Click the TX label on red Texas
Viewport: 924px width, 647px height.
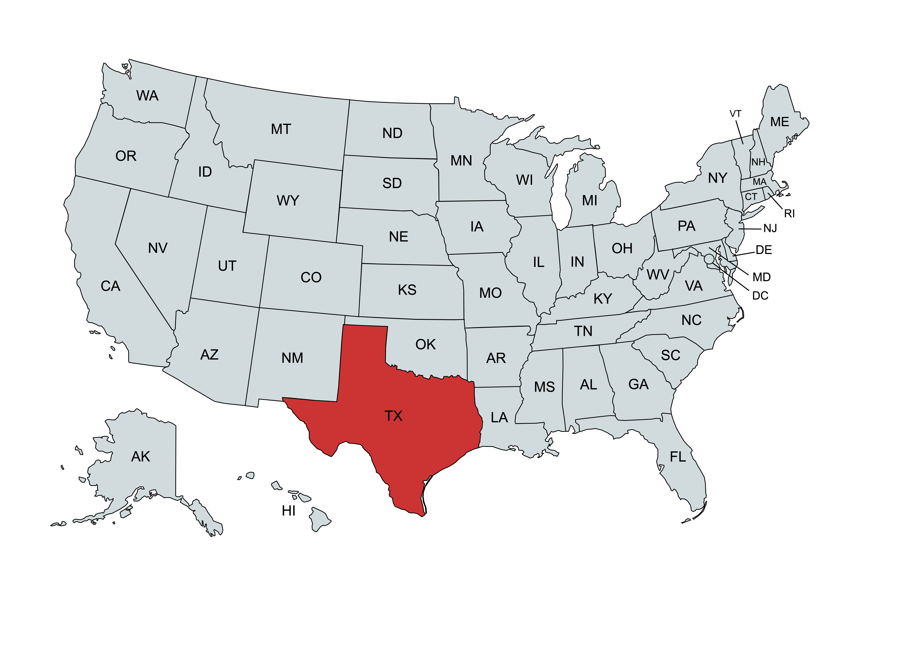393,416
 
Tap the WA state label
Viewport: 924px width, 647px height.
147,96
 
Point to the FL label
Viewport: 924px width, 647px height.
678,457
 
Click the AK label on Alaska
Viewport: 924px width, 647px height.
140,457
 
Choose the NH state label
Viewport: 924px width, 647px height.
758,162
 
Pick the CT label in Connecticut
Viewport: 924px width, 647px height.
751,197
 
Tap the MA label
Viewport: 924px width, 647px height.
759,182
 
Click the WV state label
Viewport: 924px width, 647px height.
658,275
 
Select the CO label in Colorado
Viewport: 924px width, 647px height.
311,277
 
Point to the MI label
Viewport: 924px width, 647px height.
590,201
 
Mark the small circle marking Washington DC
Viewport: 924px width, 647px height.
709,258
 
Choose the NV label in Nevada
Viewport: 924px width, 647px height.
158,248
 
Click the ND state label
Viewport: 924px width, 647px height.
392,133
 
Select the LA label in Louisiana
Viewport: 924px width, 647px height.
500,418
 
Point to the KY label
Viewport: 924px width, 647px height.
602,299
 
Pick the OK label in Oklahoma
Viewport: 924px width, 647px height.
425,345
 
